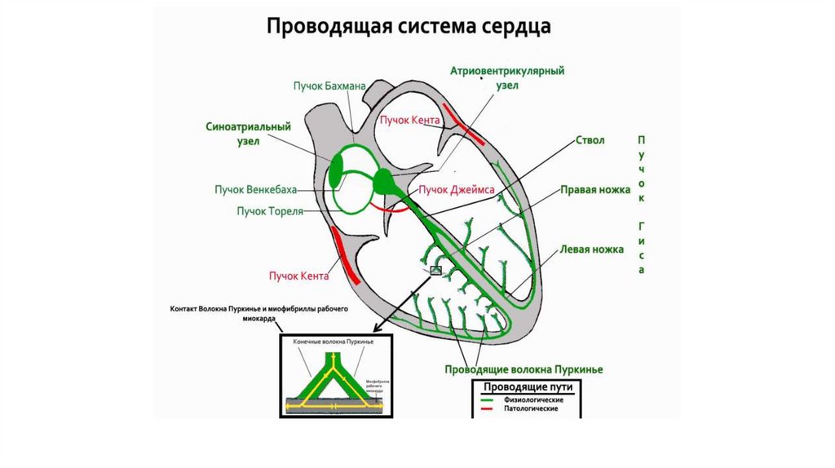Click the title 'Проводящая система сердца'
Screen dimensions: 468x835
(409, 26)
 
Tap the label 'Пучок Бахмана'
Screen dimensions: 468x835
(329, 85)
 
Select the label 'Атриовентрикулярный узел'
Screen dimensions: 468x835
(507, 78)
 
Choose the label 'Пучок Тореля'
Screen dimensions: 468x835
(270, 211)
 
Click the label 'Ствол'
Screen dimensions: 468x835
(590, 140)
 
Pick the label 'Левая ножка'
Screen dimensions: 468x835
(592, 249)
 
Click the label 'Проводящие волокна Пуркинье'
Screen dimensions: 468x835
(524, 369)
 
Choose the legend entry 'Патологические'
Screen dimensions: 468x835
(531, 408)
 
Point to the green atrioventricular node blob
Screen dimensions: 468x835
(383, 180)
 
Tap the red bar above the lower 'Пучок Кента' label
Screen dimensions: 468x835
(345, 255)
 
